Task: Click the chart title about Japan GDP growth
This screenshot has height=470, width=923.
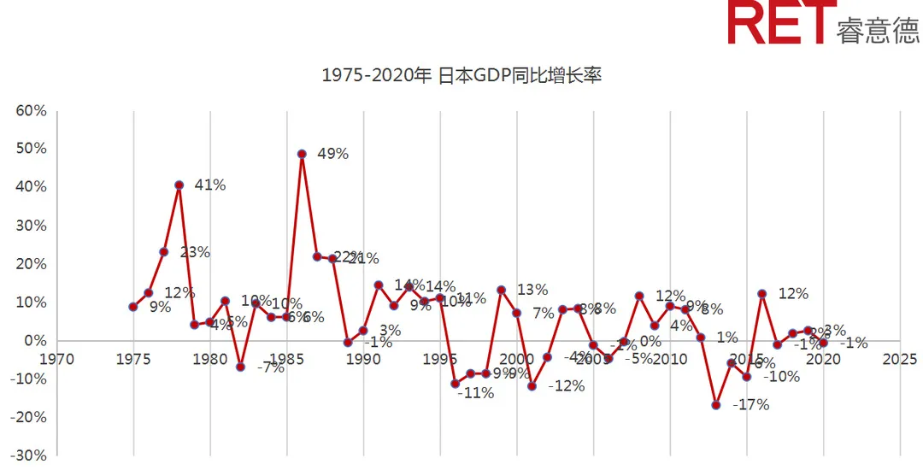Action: pyautogui.click(x=461, y=75)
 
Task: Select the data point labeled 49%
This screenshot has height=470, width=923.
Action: pyautogui.click(x=302, y=154)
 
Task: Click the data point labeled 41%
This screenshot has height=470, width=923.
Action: pyautogui.click(x=179, y=185)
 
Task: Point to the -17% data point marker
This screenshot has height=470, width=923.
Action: pyautogui.click(x=716, y=405)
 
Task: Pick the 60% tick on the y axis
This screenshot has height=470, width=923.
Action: pyautogui.click(x=31, y=111)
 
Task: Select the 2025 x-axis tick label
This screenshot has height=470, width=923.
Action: pyautogui.click(x=899, y=359)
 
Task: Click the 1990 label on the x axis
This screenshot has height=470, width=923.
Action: pyautogui.click(x=363, y=359)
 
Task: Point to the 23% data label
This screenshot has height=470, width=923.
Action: pyautogui.click(x=194, y=252)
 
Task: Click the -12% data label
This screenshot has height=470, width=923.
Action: pyautogui.click(x=566, y=386)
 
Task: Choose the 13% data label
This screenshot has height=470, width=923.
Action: pyautogui.click(x=532, y=290)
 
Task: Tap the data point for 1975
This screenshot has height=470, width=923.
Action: pyautogui.click(x=133, y=307)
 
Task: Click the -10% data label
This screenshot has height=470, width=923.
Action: pyautogui.click(x=781, y=376)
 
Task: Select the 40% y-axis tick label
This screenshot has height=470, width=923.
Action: pyautogui.click(x=31, y=187)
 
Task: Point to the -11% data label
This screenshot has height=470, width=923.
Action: pyautogui.click(x=475, y=394)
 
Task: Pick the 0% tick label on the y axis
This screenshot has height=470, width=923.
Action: pyautogui.click(x=34, y=341)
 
